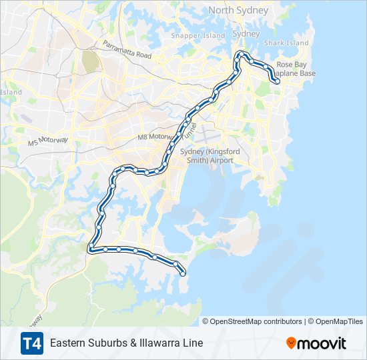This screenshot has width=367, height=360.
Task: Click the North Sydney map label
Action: tap(238, 10)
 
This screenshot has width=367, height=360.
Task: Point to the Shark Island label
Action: tap(286, 43)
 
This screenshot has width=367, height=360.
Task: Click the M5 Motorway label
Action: tap(48, 142)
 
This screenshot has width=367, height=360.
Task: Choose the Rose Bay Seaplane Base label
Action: tap(296, 69)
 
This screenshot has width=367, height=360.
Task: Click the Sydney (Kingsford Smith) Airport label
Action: tap(207, 156)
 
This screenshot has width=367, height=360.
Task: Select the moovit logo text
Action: tap(322, 343)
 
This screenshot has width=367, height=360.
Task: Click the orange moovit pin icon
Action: tap(291, 343)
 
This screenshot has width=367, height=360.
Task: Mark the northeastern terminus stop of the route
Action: tap(277, 82)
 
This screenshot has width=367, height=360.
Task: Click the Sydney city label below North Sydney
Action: tap(246, 34)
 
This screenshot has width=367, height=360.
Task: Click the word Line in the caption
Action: tap(193, 343)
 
